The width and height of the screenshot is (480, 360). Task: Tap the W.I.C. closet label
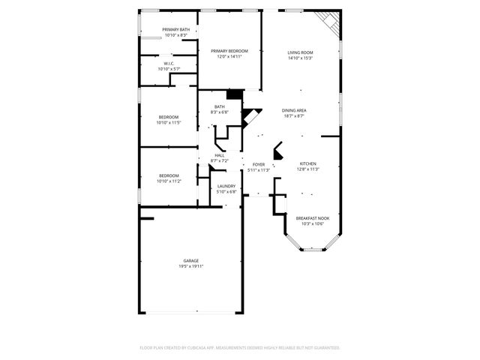(x=169, y=63)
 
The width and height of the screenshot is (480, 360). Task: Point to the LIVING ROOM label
(x=300, y=52)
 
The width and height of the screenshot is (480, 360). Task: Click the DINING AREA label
(x=294, y=110)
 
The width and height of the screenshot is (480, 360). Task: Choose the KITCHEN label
(x=308, y=163)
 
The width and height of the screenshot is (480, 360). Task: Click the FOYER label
(x=259, y=164)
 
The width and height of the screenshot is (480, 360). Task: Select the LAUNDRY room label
(x=226, y=186)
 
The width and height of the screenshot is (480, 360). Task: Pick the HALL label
(x=220, y=155)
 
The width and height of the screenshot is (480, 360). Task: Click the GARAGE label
(x=191, y=260)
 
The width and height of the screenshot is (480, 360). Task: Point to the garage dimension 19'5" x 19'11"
(x=191, y=266)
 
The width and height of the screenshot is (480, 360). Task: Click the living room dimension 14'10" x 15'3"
(x=300, y=58)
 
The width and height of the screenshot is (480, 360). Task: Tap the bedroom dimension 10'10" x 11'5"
(x=169, y=122)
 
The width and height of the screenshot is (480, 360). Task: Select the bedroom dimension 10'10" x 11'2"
(x=169, y=181)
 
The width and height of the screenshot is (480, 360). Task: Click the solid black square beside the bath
(x=235, y=94)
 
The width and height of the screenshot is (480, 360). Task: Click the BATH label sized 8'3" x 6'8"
(x=220, y=106)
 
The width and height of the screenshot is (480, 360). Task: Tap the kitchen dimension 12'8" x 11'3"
(x=308, y=169)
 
